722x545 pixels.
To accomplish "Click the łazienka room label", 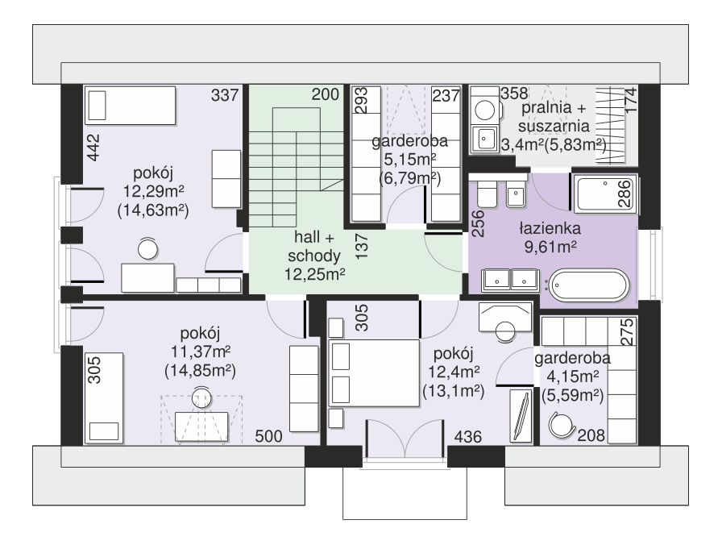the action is pyautogui.click(x=550, y=228).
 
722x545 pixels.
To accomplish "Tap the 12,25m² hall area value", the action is pyautogui.click(x=314, y=274).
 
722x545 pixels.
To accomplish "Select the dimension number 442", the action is pyautogui.click(x=93, y=148).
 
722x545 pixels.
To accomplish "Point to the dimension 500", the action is pyautogui.click(x=268, y=436).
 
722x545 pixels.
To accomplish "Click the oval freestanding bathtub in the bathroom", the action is pyautogui.click(x=590, y=285).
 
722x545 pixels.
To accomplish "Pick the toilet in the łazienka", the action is pyautogui.click(x=486, y=193).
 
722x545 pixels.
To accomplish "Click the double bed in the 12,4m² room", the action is pyautogui.click(x=374, y=373).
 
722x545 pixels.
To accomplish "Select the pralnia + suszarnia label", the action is pyautogui.click(x=553, y=117).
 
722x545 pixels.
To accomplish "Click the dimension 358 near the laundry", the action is pyautogui.click(x=514, y=93).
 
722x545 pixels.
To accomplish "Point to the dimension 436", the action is pyautogui.click(x=468, y=436).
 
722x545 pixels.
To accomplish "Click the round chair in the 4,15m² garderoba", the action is pyautogui.click(x=562, y=425).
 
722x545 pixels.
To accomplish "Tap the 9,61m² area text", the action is pyautogui.click(x=550, y=247).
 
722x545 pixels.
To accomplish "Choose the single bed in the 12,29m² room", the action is pyautogui.click(x=131, y=106).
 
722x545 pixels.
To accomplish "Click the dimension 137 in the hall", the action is pyautogui.click(x=362, y=246).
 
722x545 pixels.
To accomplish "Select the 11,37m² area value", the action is pyautogui.click(x=201, y=352).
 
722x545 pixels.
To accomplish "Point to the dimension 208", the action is pyautogui.click(x=591, y=435).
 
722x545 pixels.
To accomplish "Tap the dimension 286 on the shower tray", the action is pyautogui.click(x=624, y=193).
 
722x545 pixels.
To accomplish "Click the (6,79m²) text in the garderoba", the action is pyautogui.click(x=410, y=178).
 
